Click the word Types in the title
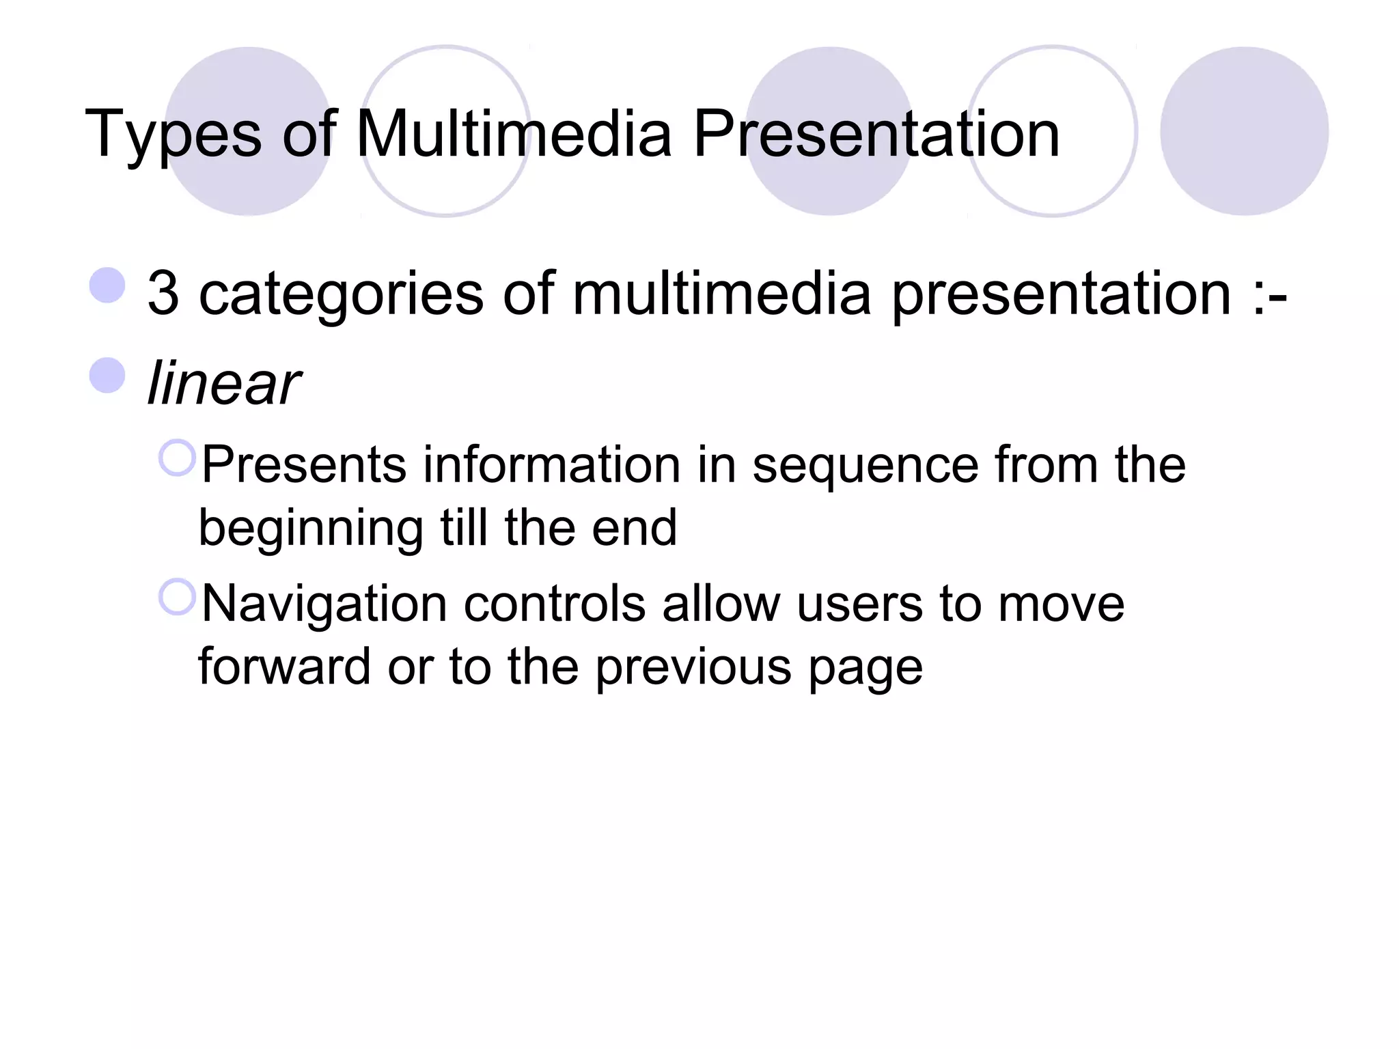point(173,135)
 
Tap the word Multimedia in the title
point(514,134)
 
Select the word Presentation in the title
point(876,134)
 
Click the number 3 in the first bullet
point(163,294)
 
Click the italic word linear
point(223,383)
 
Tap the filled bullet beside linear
point(108,376)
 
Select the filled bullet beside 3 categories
point(108,285)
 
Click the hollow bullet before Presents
point(178,458)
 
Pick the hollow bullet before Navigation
point(178,597)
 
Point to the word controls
point(555,604)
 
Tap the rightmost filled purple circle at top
point(1244,131)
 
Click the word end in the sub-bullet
point(633,529)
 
